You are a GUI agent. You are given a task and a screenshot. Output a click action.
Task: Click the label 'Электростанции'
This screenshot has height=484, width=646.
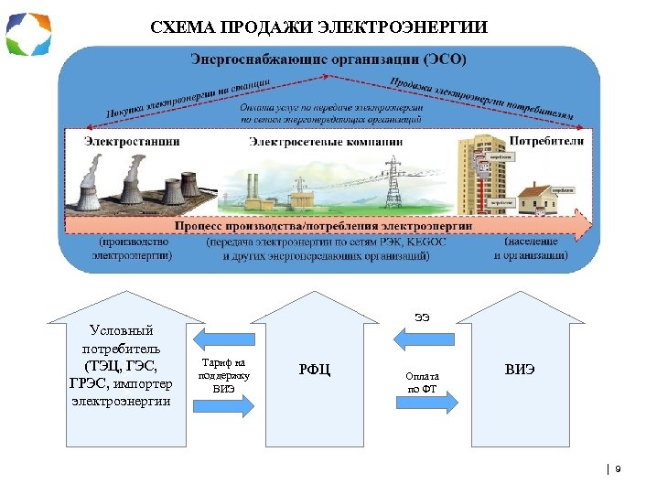pos(132,142)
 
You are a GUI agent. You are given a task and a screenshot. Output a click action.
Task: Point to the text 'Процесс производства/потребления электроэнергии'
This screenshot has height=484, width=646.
pos(324,225)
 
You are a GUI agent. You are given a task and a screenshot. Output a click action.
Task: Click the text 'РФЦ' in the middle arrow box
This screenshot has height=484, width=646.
pos(315,370)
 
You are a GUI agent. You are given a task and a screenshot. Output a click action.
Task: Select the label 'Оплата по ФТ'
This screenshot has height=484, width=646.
pos(423,382)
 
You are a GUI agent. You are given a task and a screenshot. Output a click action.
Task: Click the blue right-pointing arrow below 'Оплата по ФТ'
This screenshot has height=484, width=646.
pos(423,408)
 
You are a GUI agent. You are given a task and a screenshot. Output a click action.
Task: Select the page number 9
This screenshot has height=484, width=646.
pos(619,468)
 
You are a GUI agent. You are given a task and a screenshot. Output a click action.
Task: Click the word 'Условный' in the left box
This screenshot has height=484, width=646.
pos(120,330)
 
